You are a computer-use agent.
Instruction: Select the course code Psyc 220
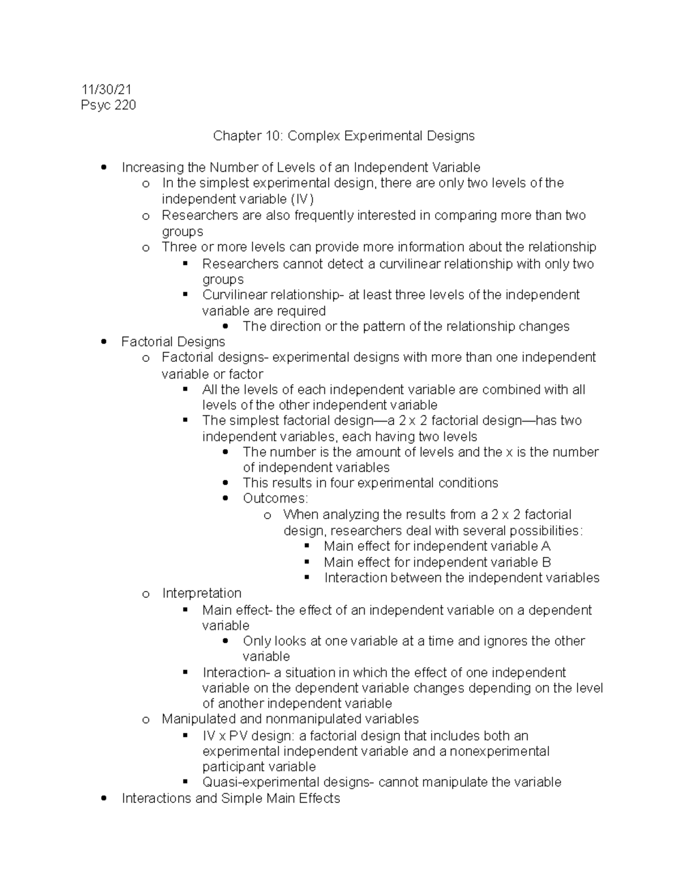click(x=109, y=105)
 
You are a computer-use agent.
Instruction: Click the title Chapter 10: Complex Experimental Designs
click(x=344, y=136)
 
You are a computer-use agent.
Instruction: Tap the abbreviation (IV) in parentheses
click(x=302, y=199)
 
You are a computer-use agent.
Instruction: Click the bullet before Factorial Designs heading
click(x=103, y=342)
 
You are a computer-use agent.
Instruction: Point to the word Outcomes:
click(x=275, y=499)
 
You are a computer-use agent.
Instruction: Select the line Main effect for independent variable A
click(x=437, y=546)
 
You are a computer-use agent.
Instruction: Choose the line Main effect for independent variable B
click(x=437, y=562)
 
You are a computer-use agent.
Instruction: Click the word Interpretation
click(x=202, y=593)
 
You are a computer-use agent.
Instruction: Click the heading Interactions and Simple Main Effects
click(x=231, y=798)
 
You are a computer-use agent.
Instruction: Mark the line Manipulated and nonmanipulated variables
click(x=290, y=719)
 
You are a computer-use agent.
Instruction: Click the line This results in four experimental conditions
click(x=370, y=483)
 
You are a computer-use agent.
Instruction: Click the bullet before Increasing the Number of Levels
click(x=103, y=168)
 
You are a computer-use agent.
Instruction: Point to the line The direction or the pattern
click(x=406, y=327)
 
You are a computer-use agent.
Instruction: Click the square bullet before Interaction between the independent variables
click(x=307, y=577)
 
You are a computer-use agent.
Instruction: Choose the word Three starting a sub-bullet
click(x=179, y=248)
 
